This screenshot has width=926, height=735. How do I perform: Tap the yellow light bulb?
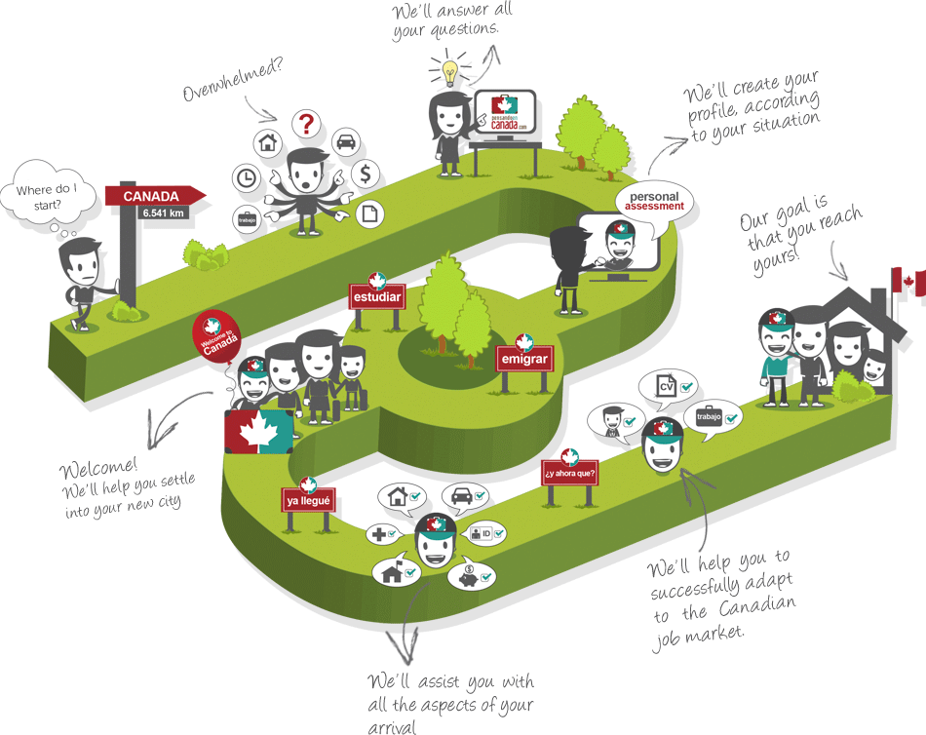pyautogui.click(x=448, y=69)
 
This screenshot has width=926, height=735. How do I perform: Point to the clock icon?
pyautogui.click(x=246, y=178)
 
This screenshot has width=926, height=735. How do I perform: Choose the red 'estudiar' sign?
pyautogui.click(x=376, y=295)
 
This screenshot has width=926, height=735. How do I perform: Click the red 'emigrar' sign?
pyautogui.click(x=524, y=359)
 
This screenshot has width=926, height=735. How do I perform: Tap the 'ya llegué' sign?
pyautogui.click(x=309, y=501)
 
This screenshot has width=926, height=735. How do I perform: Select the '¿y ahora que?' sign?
pyautogui.click(x=569, y=475)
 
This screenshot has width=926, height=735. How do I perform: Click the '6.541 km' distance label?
pyautogui.click(x=162, y=213)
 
